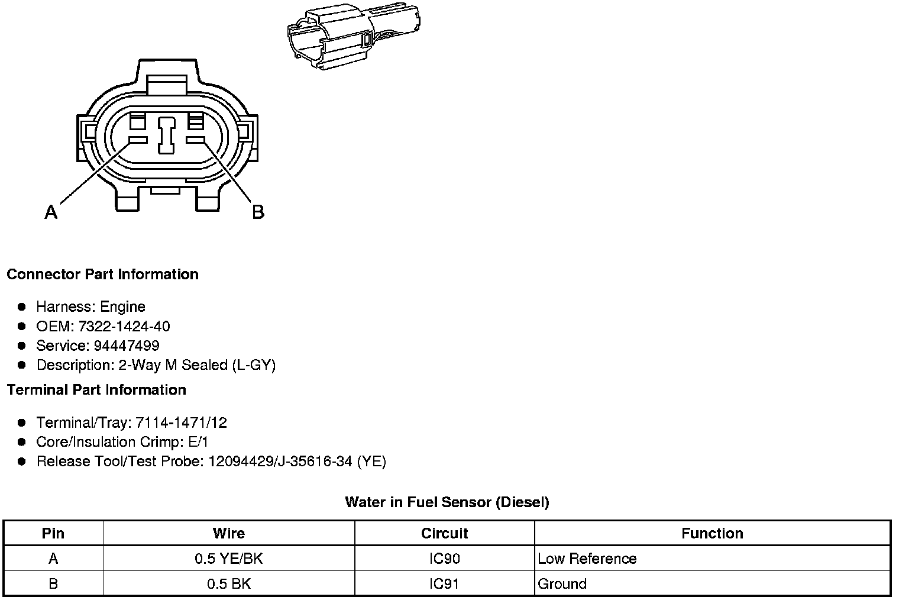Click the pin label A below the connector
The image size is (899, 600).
point(51,212)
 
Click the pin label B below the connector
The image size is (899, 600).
point(258,212)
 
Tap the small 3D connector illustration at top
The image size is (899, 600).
point(354,37)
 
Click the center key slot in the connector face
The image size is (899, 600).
point(167,136)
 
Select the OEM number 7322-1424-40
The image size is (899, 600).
point(124,326)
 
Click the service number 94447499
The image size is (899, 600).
point(127,346)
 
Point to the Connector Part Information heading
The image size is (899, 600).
point(103,274)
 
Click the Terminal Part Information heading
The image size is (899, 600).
point(96,389)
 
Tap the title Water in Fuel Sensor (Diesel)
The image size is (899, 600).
point(447,502)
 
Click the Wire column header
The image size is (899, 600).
point(229,533)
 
